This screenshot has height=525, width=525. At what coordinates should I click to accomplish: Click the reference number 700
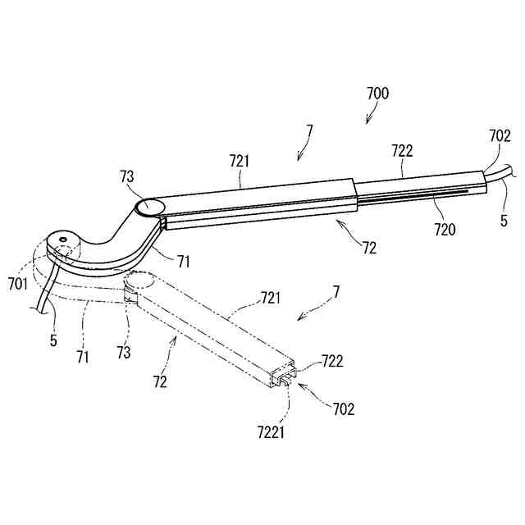(x=377, y=94)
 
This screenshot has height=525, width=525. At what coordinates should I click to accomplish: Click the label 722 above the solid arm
(x=402, y=151)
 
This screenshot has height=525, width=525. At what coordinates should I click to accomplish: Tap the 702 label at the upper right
(x=500, y=136)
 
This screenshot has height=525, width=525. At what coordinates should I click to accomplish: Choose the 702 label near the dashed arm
(x=343, y=409)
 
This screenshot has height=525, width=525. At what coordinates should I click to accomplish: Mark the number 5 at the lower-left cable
(x=52, y=338)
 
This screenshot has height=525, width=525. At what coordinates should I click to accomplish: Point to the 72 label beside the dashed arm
(x=161, y=382)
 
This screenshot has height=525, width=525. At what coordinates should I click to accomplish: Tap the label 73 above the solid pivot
(x=127, y=178)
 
